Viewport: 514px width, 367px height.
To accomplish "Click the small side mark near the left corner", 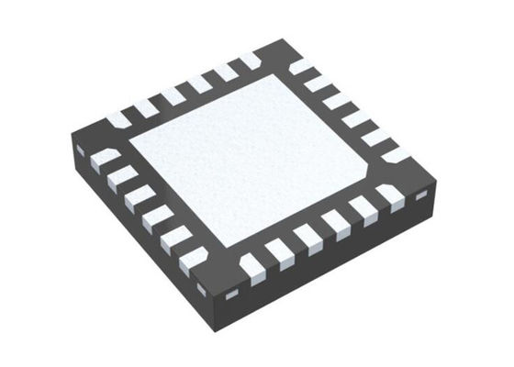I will point(80,149).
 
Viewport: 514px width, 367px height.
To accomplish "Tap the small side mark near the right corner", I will point(422,195).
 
